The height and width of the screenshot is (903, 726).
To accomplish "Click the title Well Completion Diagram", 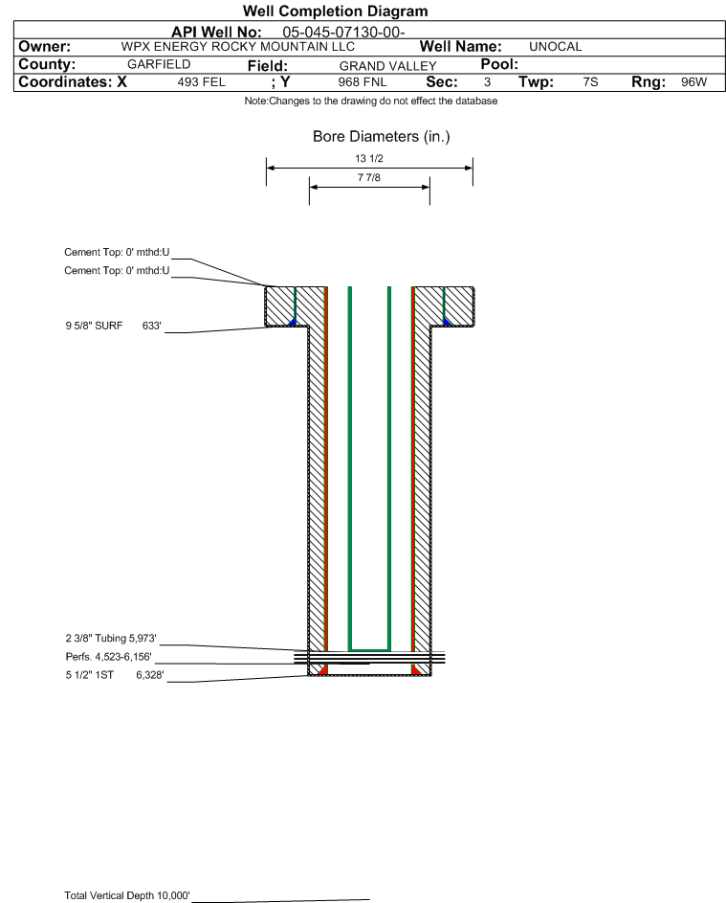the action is pos(336,11).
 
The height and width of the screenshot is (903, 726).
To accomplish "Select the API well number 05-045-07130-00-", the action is pos(343,33).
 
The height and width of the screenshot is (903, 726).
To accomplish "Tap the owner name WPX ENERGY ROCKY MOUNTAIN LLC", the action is pos(237,47).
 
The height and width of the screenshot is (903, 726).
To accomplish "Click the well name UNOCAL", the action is pos(555,47).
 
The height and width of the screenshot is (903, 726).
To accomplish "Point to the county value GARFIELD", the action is pos(159,64).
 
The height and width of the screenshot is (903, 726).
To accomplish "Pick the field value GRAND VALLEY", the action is pos(387,66).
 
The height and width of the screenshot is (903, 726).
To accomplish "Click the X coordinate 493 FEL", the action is pos(201,81).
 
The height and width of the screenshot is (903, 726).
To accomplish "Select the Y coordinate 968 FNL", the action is pos(363,81).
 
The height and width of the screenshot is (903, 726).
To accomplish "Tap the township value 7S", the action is pos(590,81).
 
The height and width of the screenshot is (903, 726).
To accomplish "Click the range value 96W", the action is pos(693,81).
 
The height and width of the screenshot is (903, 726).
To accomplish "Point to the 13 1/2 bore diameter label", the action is pos(369,158).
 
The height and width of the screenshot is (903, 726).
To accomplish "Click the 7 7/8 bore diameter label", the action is pos(369,177).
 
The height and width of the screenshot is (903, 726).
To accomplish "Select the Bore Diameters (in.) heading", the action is pos(381,137).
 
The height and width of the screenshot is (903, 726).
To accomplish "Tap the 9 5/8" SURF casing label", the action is pos(94,326).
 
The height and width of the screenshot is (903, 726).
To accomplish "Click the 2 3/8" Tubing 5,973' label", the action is pos(111,638).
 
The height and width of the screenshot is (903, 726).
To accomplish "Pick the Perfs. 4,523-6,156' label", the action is pos(109,657).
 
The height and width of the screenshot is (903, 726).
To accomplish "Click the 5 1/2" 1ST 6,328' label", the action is pos(115,675).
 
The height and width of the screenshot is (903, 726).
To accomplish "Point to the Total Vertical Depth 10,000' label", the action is pos(127,895).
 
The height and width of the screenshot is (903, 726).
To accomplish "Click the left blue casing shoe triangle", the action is pos(293,322).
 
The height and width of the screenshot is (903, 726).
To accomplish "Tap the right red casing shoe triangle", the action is pos(416,669).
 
